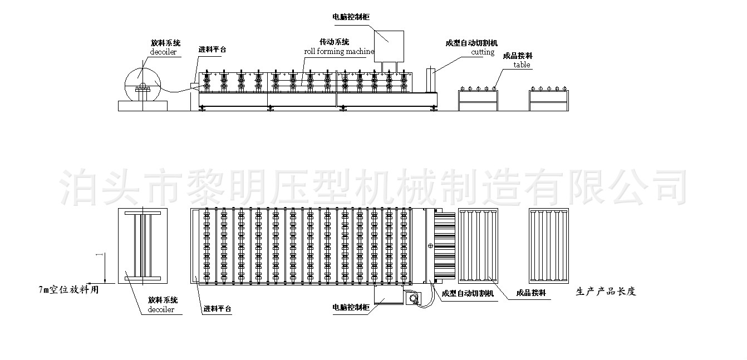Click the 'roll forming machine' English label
[x=339, y=51]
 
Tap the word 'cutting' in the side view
[x=483, y=52]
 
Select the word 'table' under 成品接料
[x=522, y=65]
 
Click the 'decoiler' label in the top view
[x=163, y=52]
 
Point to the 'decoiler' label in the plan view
[x=161, y=309]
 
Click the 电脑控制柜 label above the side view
[x=351, y=17]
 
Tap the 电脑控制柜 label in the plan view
[x=351, y=307]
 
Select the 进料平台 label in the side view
[x=212, y=50]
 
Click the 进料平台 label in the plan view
[x=217, y=309]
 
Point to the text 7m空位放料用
[x=68, y=290]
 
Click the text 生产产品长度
[x=606, y=292]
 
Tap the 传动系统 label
[x=334, y=42]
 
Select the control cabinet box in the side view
[x=389, y=46]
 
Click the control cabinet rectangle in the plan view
[x=389, y=295]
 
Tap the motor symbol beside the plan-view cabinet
[x=414, y=298]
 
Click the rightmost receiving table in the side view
[x=549, y=101]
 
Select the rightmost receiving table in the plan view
[x=549, y=246]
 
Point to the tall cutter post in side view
[x=431, y=80]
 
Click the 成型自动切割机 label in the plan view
[x=468, y=293]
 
